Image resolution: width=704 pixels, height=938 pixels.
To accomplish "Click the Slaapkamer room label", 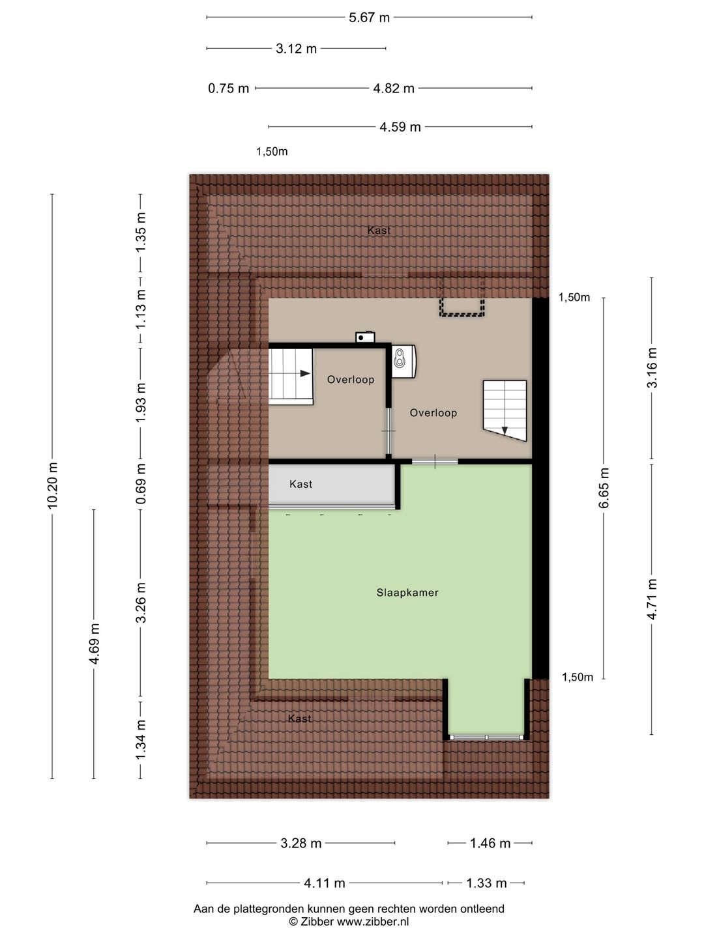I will pyautogui.click(x=407, y=593).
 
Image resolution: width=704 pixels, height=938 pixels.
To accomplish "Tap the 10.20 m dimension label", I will pyautogui.click(x=53, y=485).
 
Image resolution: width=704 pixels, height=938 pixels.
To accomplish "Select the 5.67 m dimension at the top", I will pyautogui.click(x=369, y=18).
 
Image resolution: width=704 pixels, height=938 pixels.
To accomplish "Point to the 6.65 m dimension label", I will pyautogui.click(x=604, y=488).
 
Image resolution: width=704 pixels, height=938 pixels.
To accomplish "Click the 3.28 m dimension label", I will pyautogui.click(x=301, y=844).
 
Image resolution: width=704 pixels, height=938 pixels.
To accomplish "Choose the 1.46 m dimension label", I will pyautogui.click(x=490, y=844).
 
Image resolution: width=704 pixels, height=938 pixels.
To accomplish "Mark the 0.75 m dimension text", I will pyautogui.click(x=228, y=89).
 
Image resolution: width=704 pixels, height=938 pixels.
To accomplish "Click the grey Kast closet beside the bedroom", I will pyautogui.click(x=331, y=485).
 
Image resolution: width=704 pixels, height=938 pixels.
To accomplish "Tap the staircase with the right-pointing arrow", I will pyautogui.click(x=291, y=376).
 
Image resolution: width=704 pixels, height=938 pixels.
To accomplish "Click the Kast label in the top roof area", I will pyautogui.click(x=379, y=231).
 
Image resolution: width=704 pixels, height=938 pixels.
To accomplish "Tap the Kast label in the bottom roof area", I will pyautogui.click(x=299, y=718).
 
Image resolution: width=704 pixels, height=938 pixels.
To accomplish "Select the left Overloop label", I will pyautogui.click(x=350, y=380).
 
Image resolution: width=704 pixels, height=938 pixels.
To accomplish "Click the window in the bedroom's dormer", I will pyautogui.click(x=487, y=737).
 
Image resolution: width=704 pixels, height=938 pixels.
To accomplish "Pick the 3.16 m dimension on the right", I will pyautogui.click(x=652, y=367).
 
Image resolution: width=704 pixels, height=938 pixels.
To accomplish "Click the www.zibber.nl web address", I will pyautogui.click(x=373, y=922).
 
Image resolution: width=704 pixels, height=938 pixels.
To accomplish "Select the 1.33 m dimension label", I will pyautogui.click(x=486, y=884).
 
